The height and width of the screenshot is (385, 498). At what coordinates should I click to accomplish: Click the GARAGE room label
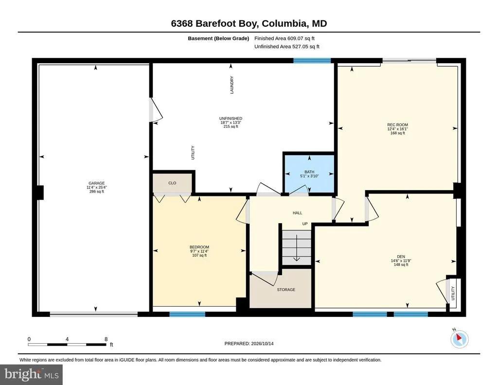coord(97,183)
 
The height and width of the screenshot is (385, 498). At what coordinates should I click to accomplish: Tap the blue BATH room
coord(309,174)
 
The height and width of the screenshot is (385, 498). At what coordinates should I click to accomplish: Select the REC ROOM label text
coord(397,125)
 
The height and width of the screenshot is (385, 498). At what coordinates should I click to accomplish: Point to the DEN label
coord(401,257)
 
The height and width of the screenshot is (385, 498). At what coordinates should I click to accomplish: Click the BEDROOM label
coord(199,247)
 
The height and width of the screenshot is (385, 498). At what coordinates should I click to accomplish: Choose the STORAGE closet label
coord(286,290)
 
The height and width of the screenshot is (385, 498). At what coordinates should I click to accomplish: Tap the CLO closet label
coord(172,183)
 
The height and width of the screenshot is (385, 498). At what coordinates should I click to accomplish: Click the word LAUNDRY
coord(232,85)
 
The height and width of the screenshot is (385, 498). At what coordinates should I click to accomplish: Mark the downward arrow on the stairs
coord(296,247)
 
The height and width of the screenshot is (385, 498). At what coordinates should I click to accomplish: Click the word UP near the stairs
coord(305,224)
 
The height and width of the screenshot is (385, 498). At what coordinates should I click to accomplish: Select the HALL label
coord(297,213)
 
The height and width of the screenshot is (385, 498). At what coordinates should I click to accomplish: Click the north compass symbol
coord(459,339)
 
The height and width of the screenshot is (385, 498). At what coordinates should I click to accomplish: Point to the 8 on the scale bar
coord(106,339)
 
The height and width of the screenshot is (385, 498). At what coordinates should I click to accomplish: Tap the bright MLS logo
coord(31,374)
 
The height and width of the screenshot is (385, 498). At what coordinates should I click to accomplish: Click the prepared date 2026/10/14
coord(262,343)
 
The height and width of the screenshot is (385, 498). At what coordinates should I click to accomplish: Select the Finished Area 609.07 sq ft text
coord(284,38)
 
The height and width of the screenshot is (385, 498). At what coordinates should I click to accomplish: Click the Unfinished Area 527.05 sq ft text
coord(287,47)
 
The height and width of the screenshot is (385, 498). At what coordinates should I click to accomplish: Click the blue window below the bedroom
coord(187,314)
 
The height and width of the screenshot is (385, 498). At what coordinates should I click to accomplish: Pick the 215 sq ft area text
coord(231,127)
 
